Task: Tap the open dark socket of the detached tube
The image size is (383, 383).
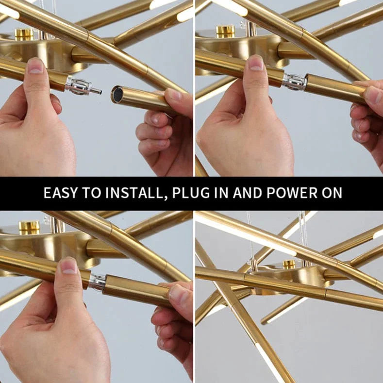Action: pos(117,94)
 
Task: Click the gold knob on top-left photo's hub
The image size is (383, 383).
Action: pos(23,33)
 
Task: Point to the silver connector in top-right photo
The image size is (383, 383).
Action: pos(294,82)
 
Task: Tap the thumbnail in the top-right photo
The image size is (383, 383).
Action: pos(256,62)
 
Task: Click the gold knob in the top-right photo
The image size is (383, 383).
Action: pos(225,31)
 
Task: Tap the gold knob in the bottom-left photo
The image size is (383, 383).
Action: pos(29,226)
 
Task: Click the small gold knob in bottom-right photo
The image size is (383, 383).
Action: pos(289,264)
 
